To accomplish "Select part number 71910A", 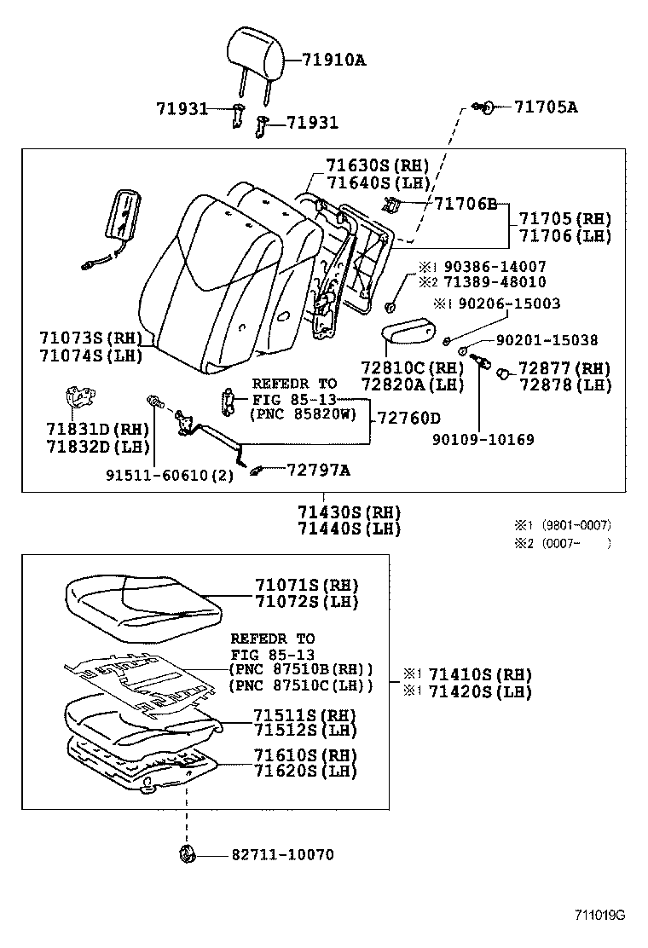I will (333, 60).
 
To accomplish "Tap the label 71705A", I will (546, 107).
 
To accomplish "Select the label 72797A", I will (318, 470).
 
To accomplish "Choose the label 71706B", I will (466, 204).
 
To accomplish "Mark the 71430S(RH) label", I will (349, 512).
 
